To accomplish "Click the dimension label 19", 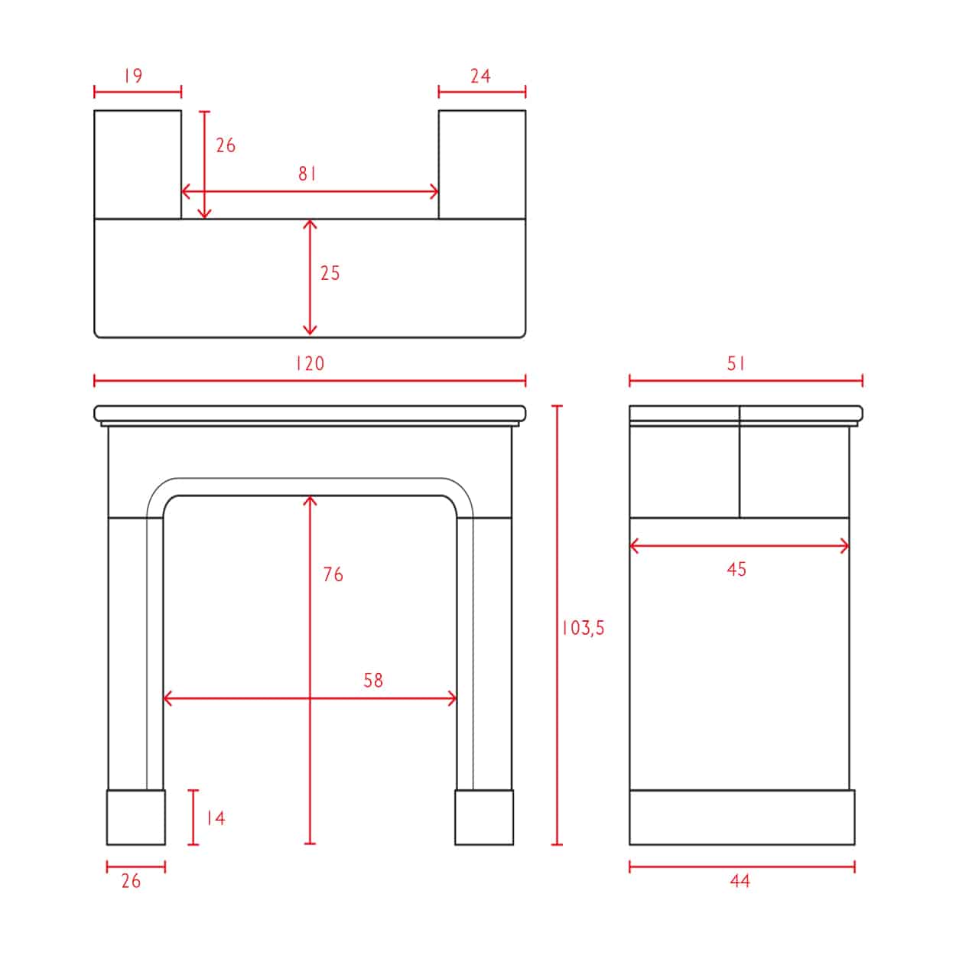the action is point(133,76).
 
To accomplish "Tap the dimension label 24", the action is point(480,76).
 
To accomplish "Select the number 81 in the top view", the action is point(307,174).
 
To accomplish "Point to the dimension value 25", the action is point(330,273).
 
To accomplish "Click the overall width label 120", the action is point(310,363).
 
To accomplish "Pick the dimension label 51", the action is point(736,363).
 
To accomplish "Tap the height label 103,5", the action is point(583,628).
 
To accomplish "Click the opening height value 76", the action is point(333,574).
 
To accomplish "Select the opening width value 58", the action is point(373,680).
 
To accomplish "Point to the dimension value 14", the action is point(216,818).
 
